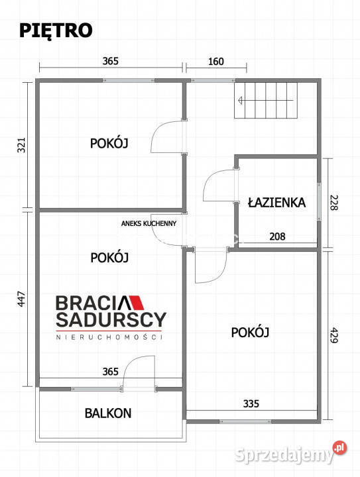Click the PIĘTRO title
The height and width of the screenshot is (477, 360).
click(x=56, y=30)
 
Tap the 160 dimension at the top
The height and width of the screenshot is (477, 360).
click(x=216, y=62)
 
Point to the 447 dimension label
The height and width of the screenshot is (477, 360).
click(x=21, y=300)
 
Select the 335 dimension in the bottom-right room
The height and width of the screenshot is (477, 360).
click(x=251, y=403)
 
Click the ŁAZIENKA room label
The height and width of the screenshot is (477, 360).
click(x=276, y=202)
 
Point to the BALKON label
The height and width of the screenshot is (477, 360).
click(x=108, y=413)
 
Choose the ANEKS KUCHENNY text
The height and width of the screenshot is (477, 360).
click(x=149, y=224)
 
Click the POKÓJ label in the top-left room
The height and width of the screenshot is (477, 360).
click(x=109, y=142)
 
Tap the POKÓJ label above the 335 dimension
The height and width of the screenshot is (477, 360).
click(x=249, y=332)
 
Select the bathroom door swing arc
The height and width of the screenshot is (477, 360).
click(x=217, y=187)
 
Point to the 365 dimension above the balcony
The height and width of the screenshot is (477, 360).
click(x=110, y=373)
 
